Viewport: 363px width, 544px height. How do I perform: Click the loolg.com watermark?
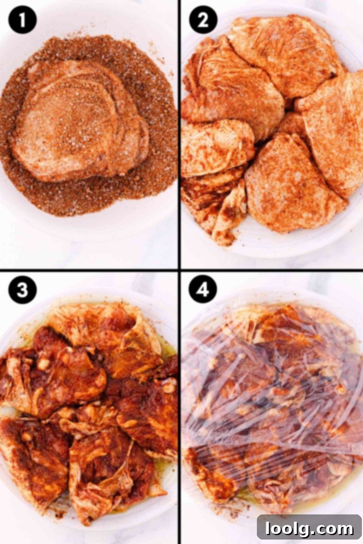(309, 528)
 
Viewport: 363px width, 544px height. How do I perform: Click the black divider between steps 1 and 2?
(179, 134)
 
